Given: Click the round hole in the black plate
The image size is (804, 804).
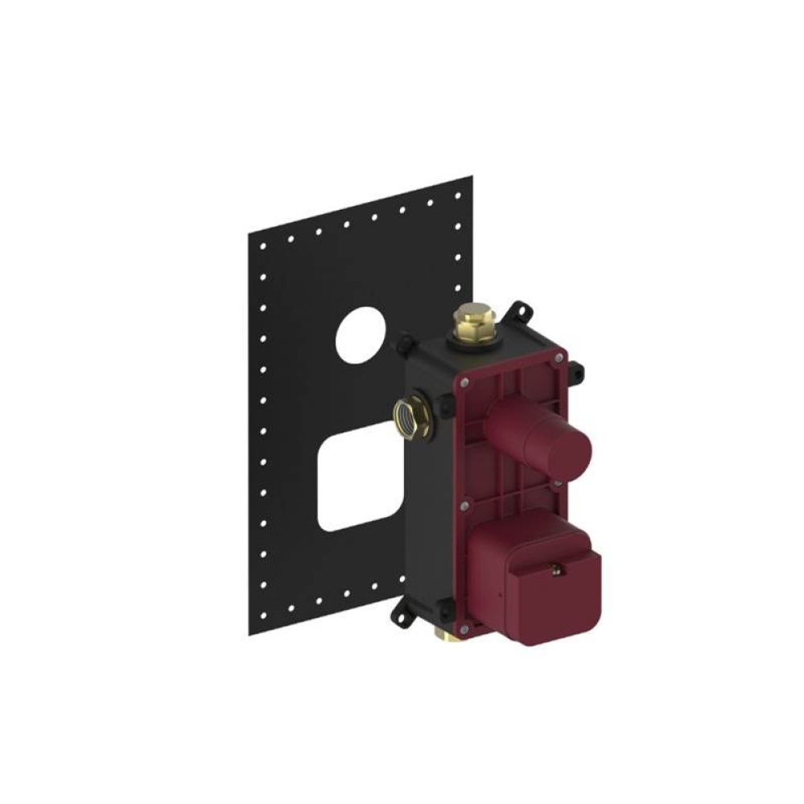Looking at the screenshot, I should (361, 331).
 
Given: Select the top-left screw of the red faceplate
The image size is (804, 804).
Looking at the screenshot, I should (466, 384).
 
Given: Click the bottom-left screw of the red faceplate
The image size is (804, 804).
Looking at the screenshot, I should (465, 628).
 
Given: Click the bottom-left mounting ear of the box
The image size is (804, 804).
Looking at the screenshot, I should (401, 617).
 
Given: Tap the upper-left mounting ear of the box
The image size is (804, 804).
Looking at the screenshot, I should (401, 346).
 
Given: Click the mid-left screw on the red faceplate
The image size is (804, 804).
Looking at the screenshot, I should (465, 506).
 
